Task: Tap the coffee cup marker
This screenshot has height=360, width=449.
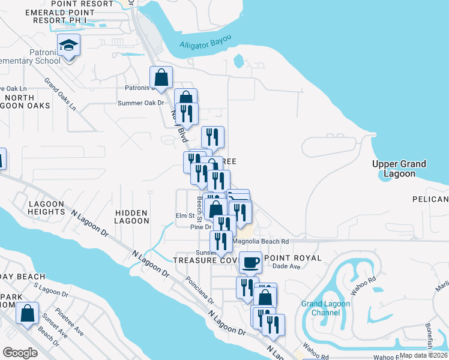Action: tap(250, 262)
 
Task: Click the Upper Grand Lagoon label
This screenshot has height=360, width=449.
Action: tap(399, 169)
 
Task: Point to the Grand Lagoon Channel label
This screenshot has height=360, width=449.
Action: tap(321, 308)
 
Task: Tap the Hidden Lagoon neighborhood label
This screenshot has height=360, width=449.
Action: tap(131, 217)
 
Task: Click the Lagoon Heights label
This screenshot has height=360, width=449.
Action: tap(46, 208)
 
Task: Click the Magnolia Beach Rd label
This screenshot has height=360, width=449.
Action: tap(261, 241)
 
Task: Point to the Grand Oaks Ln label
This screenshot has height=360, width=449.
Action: tap(60, 94)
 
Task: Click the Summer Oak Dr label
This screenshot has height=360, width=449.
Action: tap(140, 103)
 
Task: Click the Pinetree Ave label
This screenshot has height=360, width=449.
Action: tap(70, 323)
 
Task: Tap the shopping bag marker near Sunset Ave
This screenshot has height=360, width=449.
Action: tap(27, 313)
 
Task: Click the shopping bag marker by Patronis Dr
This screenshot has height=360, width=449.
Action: tap(161, 77)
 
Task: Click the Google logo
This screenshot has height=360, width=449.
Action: tap(20, 353)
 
